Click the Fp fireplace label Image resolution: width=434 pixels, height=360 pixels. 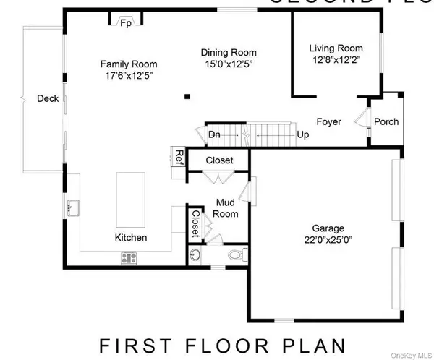pos(126,23)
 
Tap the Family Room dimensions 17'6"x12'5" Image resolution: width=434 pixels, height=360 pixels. pos(128,76)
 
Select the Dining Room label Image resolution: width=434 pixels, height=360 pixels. pos(229,53)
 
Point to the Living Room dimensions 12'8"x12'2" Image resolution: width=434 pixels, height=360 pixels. pos(335,60)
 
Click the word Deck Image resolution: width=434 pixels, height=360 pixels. pos(48,99)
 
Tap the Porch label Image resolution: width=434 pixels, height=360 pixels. pos(386,121)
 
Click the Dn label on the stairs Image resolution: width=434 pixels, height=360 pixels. pos(214,134)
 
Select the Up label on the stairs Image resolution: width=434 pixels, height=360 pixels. pos(303,134)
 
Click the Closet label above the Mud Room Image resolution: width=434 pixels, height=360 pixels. pos(220,160)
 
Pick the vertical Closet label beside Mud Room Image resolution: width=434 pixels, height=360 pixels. pos(195,223)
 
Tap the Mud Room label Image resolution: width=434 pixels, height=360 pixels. pos(225,208)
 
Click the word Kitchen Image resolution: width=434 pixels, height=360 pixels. pos(131,238)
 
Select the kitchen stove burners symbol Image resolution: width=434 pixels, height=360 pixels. pos(129,257)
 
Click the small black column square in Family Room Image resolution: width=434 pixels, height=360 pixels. pos(187,95)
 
